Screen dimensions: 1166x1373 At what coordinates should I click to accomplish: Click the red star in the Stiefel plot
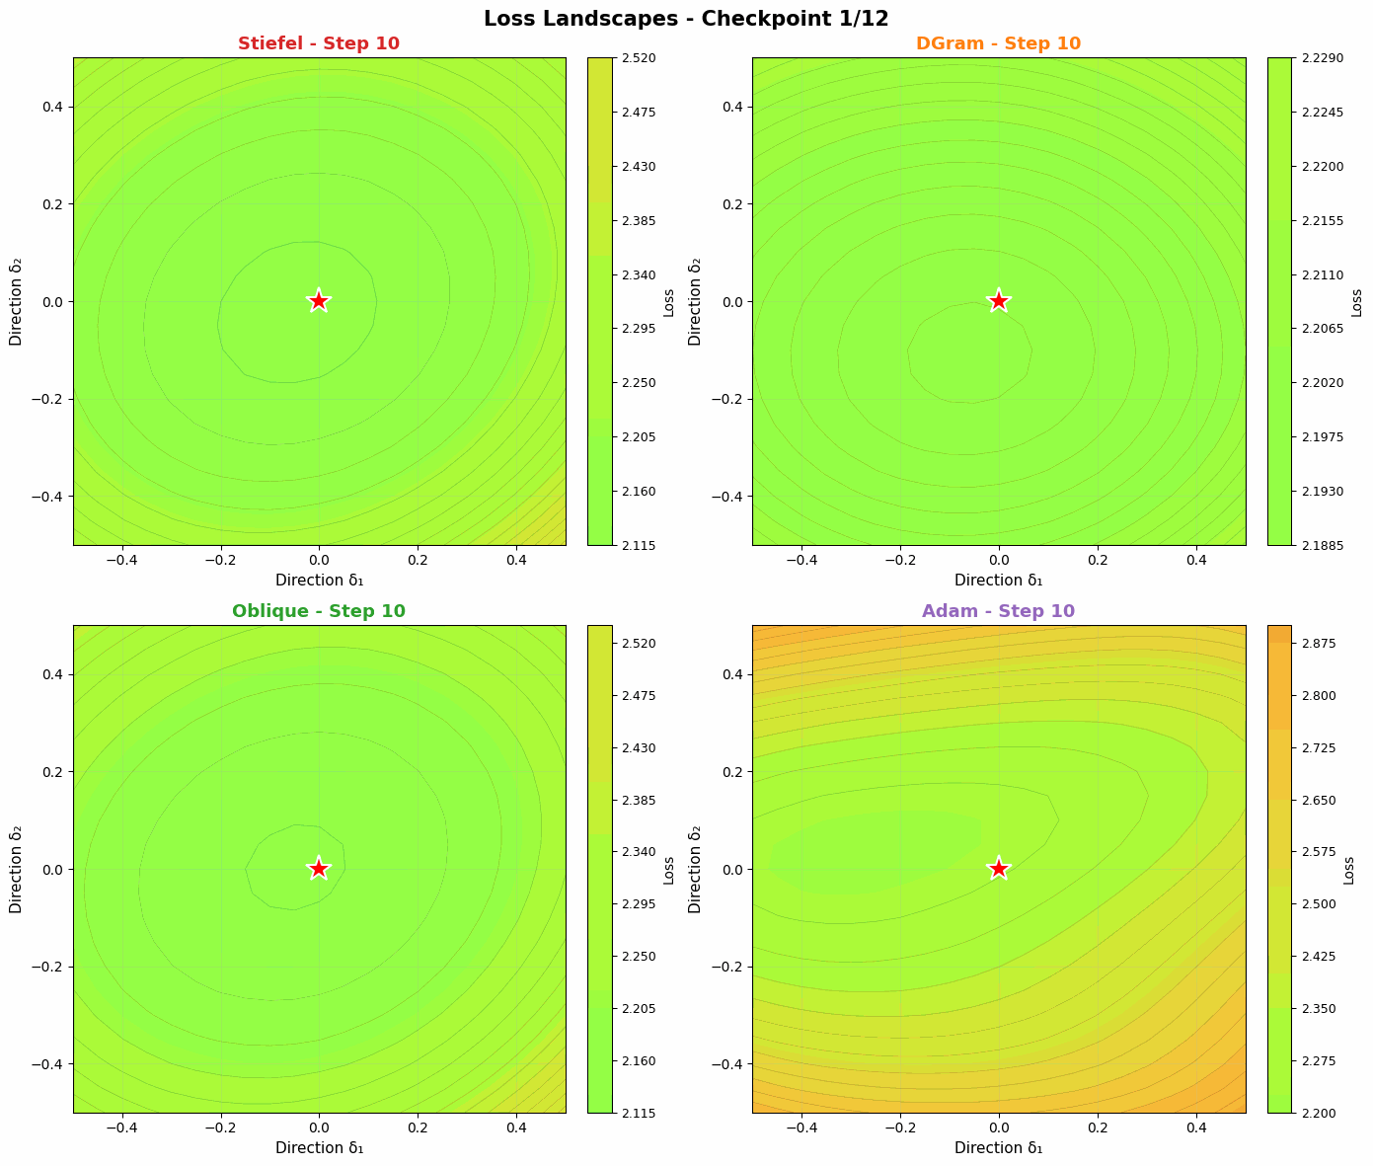pyautogui.click(x=319, y=301)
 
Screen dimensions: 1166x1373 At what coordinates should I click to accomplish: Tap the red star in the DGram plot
pyautogui.click(x=999, y=301)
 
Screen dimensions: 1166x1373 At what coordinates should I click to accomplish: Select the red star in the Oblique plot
pyautogui.click(x=319, y=869)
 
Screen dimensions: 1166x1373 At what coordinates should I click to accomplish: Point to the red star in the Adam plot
pyautogui.click(x=999, y=869)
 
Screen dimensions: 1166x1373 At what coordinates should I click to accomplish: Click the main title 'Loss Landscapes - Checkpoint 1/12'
pyautogui.click(x=686, y=18)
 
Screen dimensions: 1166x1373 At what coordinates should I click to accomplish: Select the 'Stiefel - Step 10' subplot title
pyautogui.click(x=319, y=43)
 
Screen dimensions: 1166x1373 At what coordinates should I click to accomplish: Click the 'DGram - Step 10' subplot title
pyautogui.click(x=999, y=43)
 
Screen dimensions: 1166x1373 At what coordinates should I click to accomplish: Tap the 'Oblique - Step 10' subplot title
pyautogui.click(x=319, y=611)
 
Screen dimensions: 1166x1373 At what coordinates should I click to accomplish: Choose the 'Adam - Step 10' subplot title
pyautogui.click(x=999, y=611)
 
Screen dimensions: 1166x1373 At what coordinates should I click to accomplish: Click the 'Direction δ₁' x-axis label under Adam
pyautogui.click(x=999, y=1148)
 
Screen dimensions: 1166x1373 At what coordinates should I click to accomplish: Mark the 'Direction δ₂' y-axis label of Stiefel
pyautogui.click(x=16, y=301)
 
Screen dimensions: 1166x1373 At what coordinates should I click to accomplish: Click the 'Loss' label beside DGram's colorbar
pyautogui.click(x=1356, y=301)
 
